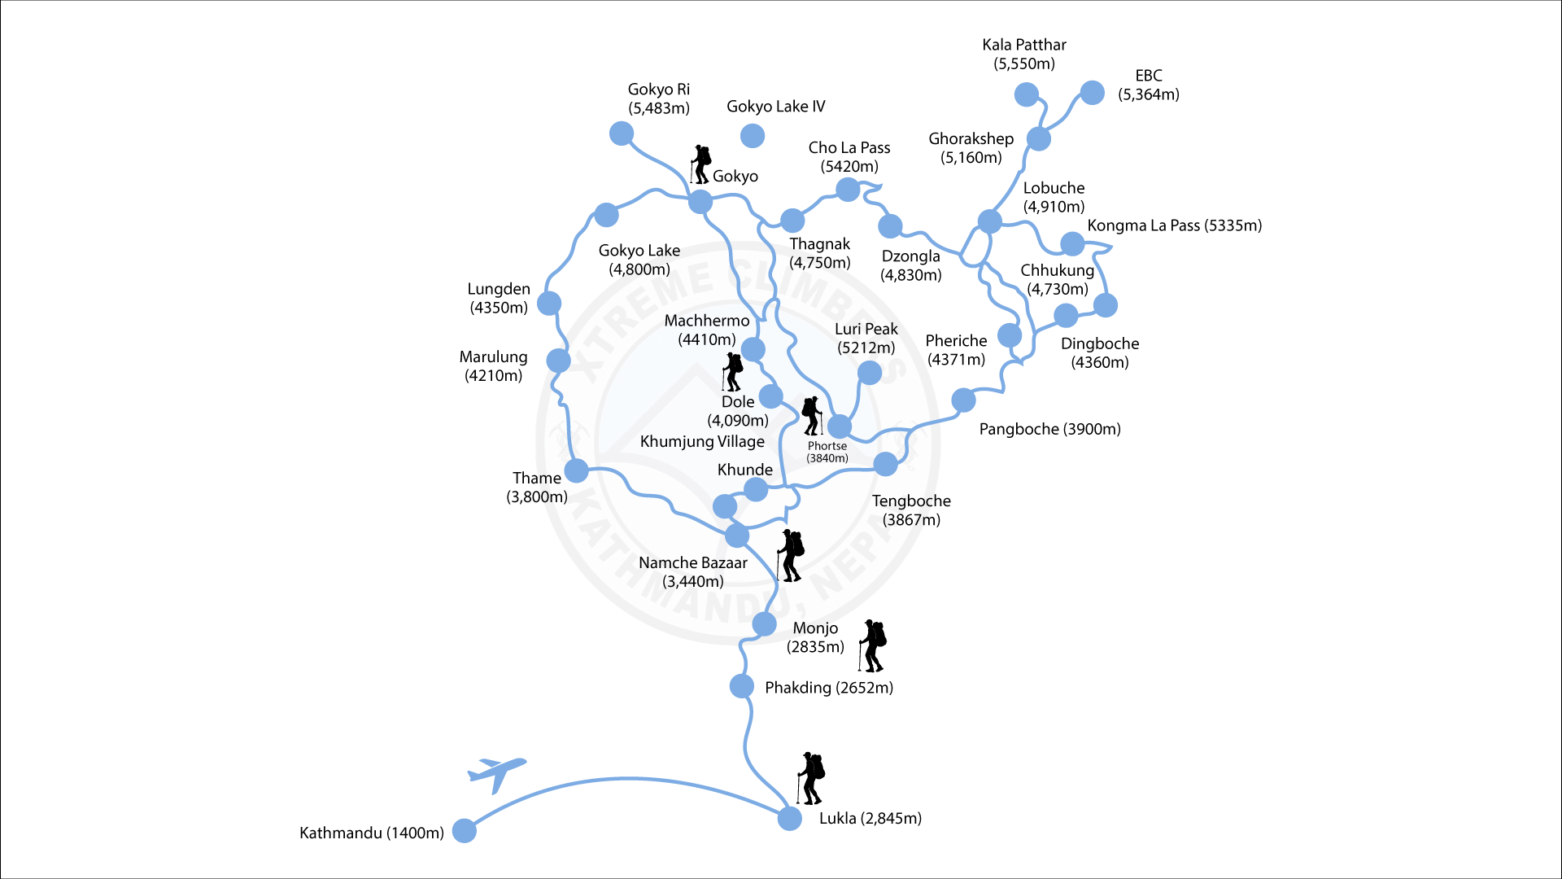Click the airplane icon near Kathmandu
click(x=495, y=772)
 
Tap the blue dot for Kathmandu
click(x=464, y=830)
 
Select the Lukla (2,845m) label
click(x=870, y=818)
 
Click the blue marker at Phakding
click(x=741, y=686)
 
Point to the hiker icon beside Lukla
click(x=811, y=778)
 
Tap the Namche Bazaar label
click(x=692, y=571)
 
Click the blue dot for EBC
click(x=1092, y=93)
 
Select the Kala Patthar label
click(x=1023, y=54)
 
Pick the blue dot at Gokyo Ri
click(x=622, y=133)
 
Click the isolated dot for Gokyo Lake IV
click(x=753, y=136)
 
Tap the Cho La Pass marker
click(x=848, y=190)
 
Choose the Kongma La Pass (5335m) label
click(x=1174, y=225)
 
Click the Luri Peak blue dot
click(x=869, y=373)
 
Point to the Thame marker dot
click(x=576, y=470)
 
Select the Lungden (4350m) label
click(x=499, y=298)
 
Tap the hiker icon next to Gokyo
click(x=700, y=164)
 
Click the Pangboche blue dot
click(x=963, y=400)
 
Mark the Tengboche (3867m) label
click(x=911, y=510)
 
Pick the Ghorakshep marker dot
click(x=1038, y=138)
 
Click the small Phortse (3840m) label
click(x=827, y=452)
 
